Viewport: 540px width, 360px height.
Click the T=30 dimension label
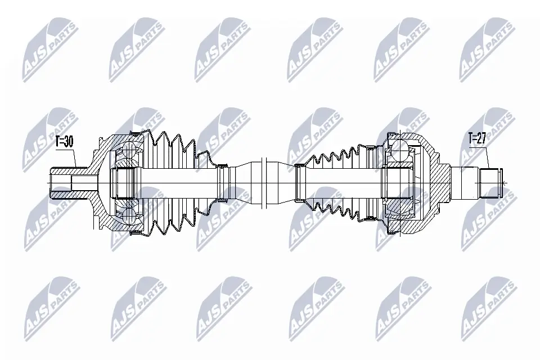64,141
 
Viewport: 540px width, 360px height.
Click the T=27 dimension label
477,138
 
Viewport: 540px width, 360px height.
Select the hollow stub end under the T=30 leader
61,183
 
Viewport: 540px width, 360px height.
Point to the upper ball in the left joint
128,150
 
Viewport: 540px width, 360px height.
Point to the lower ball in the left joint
128,217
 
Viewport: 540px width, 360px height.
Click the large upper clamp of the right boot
391,135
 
